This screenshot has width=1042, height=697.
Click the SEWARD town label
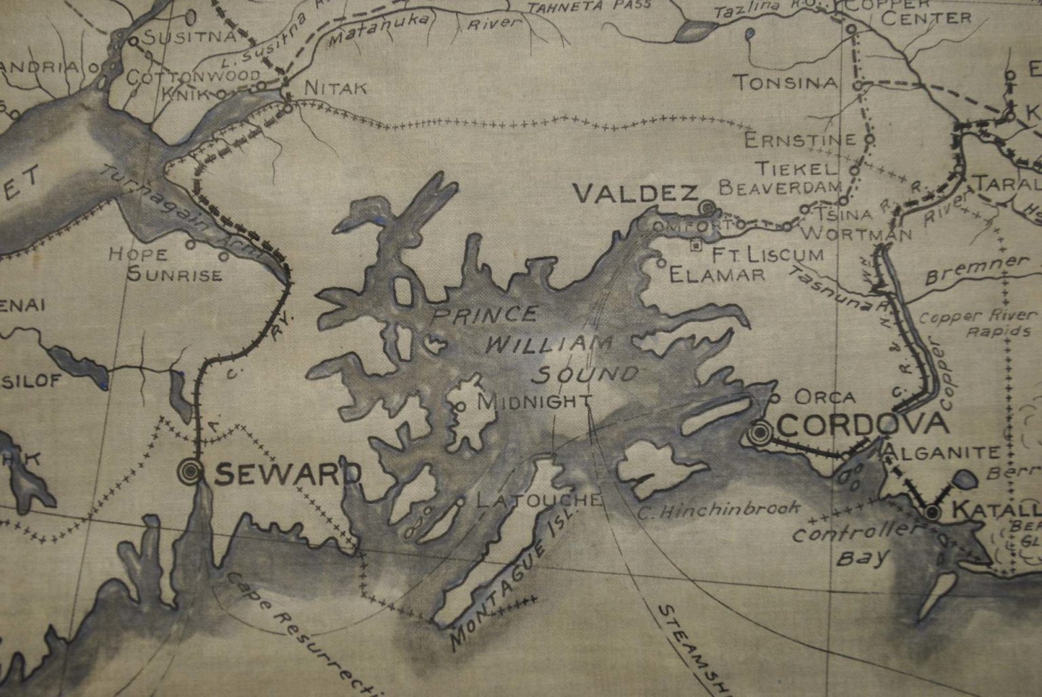point(288,475)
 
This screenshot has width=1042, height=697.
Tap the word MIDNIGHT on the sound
point(535,401)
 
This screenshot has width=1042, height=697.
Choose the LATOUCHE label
point(539,500)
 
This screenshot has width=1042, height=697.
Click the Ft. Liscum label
point(767,254)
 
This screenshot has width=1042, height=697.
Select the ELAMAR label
point(717,274)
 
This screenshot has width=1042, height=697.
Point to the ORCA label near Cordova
point(824,397)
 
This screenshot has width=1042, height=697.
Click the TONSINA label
point(786,83)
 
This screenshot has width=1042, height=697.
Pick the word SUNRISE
point(174,275)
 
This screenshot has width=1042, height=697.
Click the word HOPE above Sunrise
point(138,254)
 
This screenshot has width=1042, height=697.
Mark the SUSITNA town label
point(189,37)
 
